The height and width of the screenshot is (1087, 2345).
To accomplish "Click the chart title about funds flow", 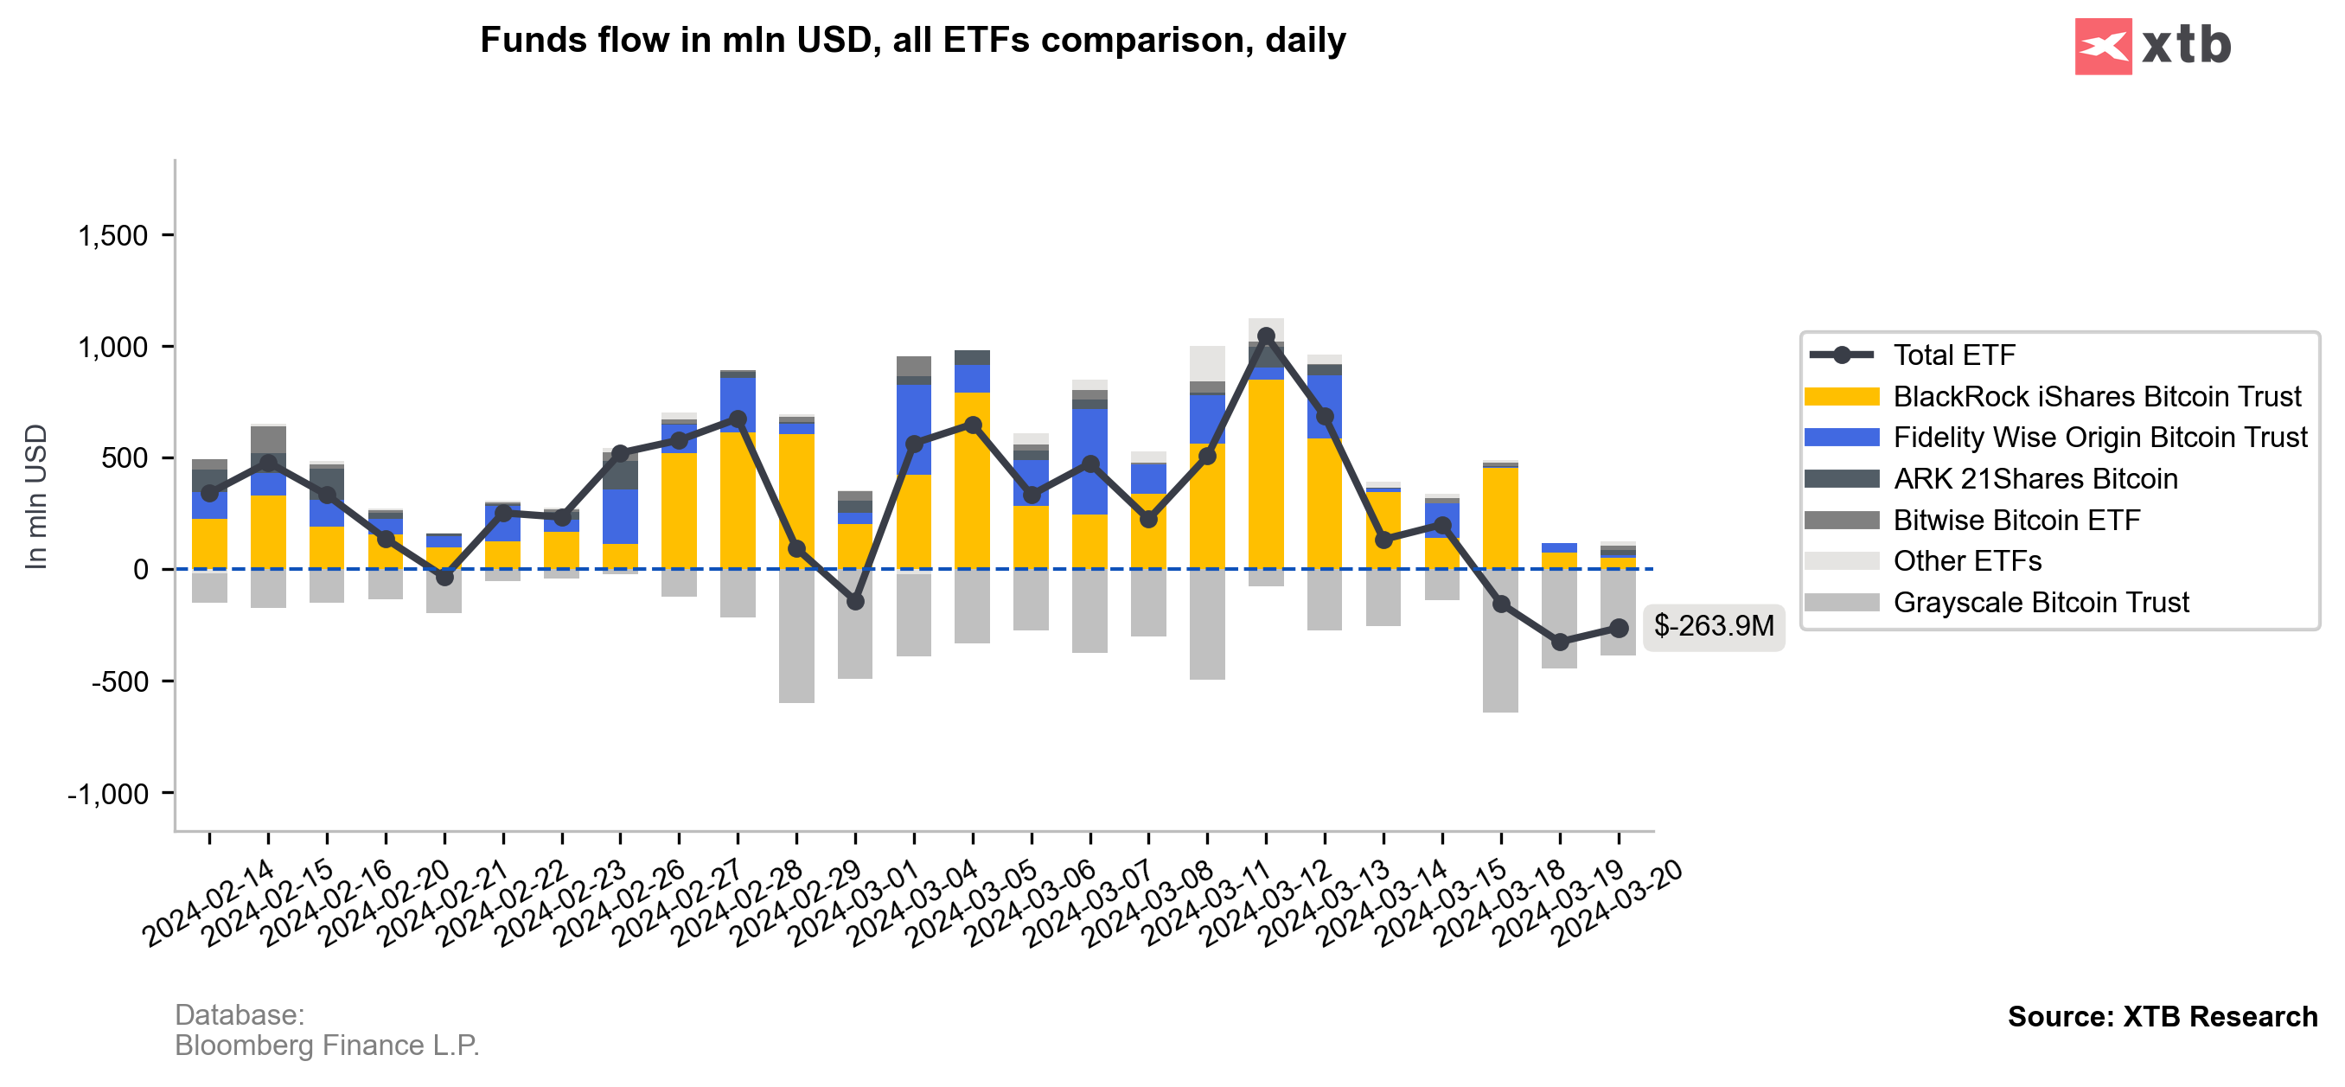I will coord(912,41).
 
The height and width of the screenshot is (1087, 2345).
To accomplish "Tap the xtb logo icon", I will coord(2102,47).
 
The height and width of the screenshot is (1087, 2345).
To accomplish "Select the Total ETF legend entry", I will coord(1953,355).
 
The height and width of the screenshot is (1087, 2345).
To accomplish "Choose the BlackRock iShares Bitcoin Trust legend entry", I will coord(2096,397).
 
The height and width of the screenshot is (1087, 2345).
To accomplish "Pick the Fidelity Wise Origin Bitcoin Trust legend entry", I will coord(2099,438).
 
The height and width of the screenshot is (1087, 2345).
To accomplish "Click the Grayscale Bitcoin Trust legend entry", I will coord(2040,603).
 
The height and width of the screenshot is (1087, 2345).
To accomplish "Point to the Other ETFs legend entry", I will coord(1966,561).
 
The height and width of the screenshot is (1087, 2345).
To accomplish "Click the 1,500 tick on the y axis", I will coord(113,236).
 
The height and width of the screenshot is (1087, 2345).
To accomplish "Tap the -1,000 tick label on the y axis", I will coord(107,795).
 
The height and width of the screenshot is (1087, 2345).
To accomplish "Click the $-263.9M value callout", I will coord(1713,626).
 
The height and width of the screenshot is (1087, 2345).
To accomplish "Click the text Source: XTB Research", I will coord(2162,1017).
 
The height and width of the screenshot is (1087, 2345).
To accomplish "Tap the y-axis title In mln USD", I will coord(36,497).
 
